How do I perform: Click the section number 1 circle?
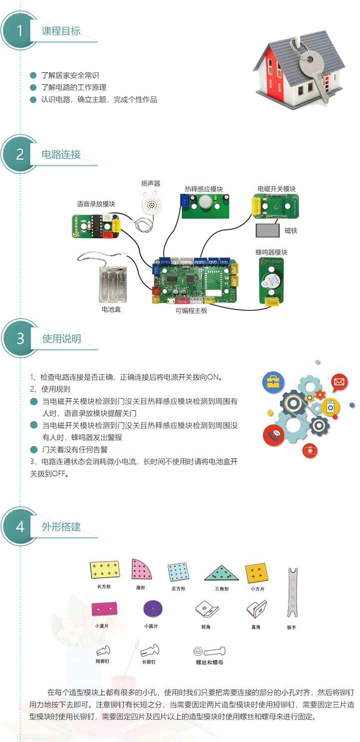(20, 31)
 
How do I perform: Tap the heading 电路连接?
(61, 154)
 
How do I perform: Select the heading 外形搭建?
(61, 527)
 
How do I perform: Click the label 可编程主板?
(191, 310)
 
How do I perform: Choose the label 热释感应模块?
(203, 189)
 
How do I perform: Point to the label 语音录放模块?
(96, 204)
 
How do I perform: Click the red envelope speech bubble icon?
(339, 382)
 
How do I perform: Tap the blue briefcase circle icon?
(273, 382)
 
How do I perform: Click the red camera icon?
(310, 450)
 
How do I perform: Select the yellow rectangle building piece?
(104, 570)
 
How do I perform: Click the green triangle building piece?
(221, 573)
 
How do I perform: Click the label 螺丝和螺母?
(209, 662)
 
